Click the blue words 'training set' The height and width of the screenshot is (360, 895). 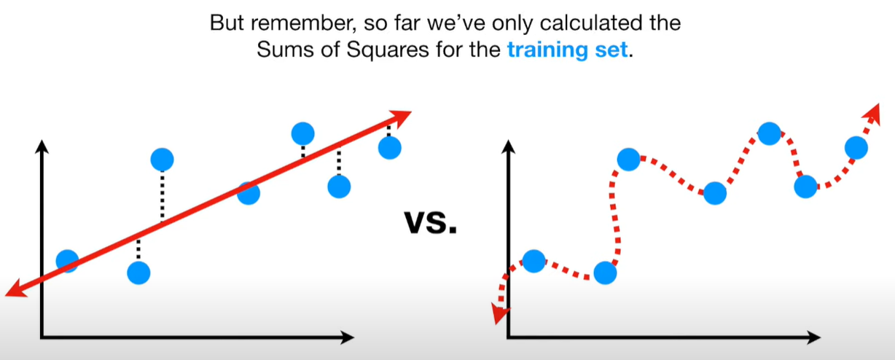coord(567,50)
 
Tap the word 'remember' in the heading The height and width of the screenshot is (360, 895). coord(303,23)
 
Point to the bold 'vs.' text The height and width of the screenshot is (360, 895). coord(431,222)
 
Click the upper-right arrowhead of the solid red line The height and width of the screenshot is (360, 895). coord(400,117)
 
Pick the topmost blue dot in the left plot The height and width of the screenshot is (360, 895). coord(303,133)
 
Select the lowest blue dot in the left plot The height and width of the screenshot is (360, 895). coord(138,273)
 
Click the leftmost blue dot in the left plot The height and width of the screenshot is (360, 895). coord(67,261)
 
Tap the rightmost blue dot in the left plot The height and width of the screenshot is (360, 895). coord(390,148)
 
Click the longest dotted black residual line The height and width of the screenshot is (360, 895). coord(163,196)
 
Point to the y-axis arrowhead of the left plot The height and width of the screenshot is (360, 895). coord(42,146)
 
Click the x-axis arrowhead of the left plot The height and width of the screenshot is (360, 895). coord(348,337)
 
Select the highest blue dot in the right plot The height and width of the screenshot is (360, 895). coord(769,133)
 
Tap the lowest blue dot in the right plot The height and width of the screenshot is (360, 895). coord(605,273)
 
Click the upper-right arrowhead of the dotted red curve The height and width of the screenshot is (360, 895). coord(872,114)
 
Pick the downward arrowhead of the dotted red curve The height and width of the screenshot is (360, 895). coord(499,313)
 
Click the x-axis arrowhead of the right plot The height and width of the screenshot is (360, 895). coord(814,337)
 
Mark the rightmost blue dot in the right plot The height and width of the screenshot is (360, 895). coord(856,148)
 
